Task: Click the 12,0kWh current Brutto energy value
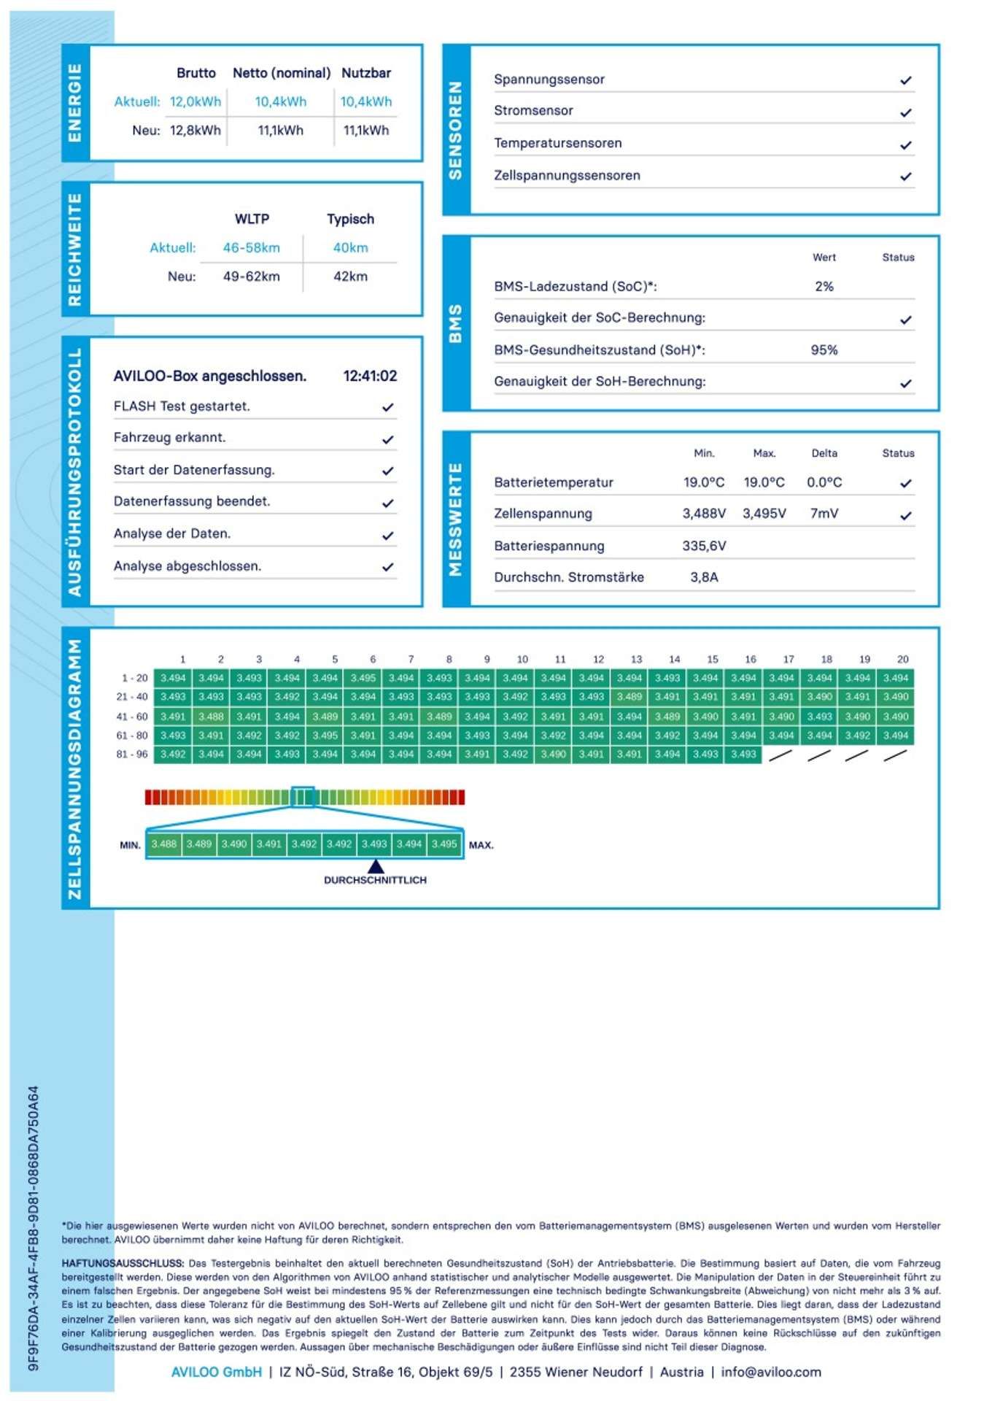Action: click(195, 101)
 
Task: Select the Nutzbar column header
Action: click(366, 73)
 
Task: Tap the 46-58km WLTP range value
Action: click(251, 247)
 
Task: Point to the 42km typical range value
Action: click(350, 277)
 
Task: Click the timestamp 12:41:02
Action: click(370, 376)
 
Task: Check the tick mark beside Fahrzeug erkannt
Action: click(388, 439)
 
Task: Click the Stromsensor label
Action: click(533, 111)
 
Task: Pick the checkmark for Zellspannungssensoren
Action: click(905, 177)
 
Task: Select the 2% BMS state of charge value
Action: click(824, 287)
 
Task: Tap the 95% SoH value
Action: click(824, 350)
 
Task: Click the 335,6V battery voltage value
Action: click(704, 546)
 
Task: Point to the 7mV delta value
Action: click(824, 514)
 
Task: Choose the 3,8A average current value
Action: click(704, 577)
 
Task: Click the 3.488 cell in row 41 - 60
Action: click(211, 717)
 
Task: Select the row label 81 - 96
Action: click(132, 754)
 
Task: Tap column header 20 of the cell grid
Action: click(902, 659)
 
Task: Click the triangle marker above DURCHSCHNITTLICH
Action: click(375, 866)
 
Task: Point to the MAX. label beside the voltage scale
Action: click(481, 845)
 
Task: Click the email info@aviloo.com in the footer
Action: click(770, 1372)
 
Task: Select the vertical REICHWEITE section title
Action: click(75, 250)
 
